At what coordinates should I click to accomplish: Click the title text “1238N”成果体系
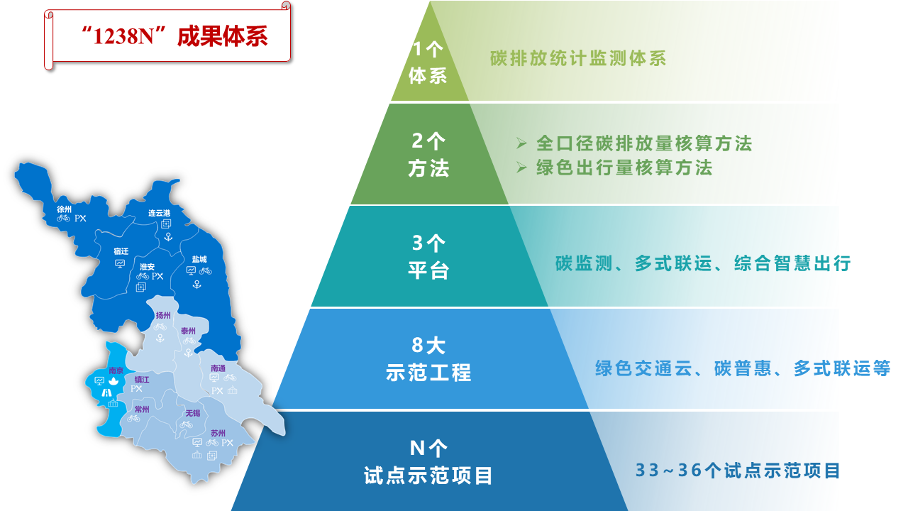point(175,36)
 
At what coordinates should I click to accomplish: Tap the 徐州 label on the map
point(64,209)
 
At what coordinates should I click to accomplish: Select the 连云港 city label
point(160,213)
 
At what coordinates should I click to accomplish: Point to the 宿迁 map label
point(121,251)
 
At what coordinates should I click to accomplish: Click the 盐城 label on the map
point(199,259)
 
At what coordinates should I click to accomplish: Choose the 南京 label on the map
point(116,370)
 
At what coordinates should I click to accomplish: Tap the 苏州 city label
point(218,433)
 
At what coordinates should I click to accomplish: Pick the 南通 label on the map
point(218,368)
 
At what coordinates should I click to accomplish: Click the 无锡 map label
point(193,413)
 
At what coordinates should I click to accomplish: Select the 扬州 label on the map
point(163,316)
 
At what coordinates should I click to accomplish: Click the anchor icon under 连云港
point(168,236)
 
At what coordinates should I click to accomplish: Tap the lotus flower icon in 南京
point(113,381)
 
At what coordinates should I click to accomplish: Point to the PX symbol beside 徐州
point(80,219)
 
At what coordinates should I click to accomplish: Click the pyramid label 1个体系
point(428,63)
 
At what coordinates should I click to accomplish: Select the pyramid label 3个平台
point(428,257)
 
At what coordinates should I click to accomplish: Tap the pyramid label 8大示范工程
point(428,359)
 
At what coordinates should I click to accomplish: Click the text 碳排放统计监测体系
point(578,58)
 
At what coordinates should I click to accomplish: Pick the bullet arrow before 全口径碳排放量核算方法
point(521,143)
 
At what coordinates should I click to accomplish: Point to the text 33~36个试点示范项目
point(737,471)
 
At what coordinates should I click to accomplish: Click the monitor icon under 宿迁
point(120,264)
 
